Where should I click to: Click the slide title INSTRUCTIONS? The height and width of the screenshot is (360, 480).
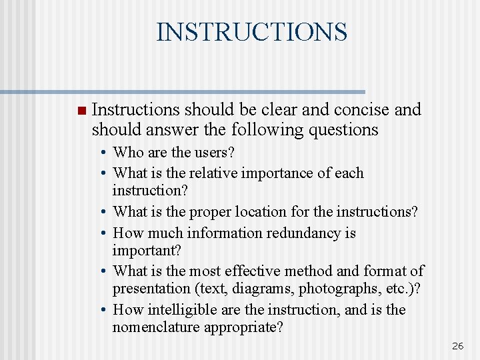[x=251, y=31]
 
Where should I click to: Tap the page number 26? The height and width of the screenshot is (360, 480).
[x=457, y=345]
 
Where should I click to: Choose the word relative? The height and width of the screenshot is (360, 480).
[x=215, y=173]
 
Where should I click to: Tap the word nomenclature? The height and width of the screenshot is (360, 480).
[x=157, y=327]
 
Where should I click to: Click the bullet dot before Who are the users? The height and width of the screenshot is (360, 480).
[x=105, y=153]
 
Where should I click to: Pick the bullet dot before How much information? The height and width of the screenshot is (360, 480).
[x=105, y=233]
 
